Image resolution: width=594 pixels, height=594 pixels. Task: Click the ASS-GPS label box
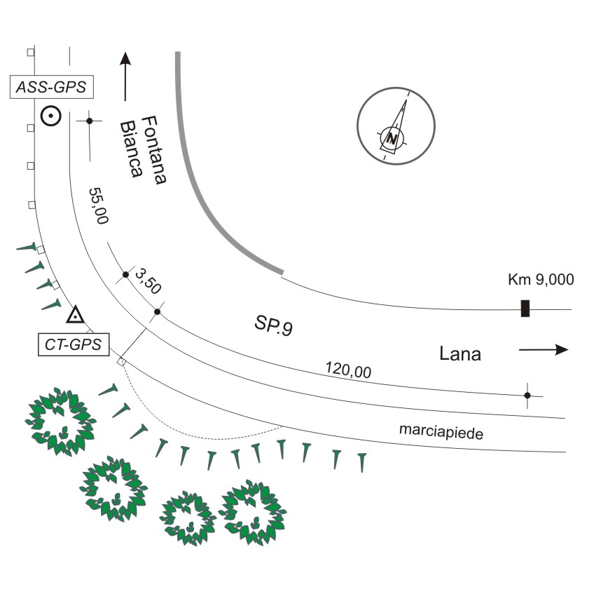pos(52,87)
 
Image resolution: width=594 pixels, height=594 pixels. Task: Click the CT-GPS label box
pos(74,344)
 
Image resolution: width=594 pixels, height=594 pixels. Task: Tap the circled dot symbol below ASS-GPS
pos(50,116)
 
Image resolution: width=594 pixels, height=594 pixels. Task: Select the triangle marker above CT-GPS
pos(76,314)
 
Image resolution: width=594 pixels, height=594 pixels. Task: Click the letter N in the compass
pos(392,139)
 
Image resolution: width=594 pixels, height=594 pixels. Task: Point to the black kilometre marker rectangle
pos(525,308)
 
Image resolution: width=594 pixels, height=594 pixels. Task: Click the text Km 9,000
pos(541,280)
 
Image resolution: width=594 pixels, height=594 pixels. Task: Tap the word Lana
pos(460,354)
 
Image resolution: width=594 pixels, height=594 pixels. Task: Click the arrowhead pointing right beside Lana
pos(562,349)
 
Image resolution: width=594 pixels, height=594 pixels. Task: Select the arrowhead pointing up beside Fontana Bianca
pos(125,59)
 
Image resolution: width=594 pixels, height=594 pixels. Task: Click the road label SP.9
pos(273,325)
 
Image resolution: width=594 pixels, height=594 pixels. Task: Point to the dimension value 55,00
pos(99,205)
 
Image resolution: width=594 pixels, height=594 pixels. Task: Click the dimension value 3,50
pos(148,281)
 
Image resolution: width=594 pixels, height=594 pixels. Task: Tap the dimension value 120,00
pos(349,370)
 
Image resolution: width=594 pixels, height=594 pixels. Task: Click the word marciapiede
pos(441,432)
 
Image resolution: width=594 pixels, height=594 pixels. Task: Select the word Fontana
pos(154,150)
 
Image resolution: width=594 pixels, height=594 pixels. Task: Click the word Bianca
pos(132,149)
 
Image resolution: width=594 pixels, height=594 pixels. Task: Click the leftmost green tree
pos(61,421)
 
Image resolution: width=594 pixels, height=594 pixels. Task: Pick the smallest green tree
pos(188,518)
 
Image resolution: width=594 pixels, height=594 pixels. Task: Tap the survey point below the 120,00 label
pos(527,396)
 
